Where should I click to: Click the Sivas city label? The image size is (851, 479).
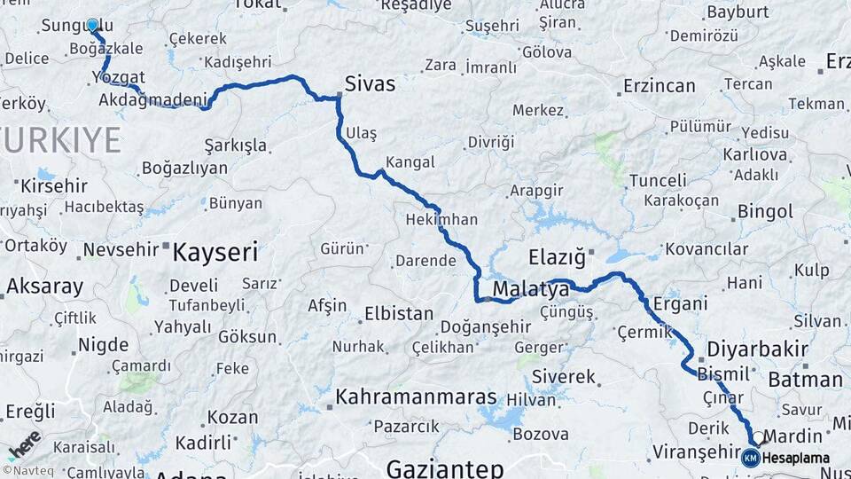(x=371, y=83)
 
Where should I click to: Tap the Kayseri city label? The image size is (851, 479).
(x=215, y=253)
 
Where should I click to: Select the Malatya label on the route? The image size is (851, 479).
(x=530, y=290)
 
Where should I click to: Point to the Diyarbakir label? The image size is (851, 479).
(x=757, y=348)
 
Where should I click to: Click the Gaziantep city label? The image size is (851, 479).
(x=445, y=467)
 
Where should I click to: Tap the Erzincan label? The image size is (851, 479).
(x=659, y=86)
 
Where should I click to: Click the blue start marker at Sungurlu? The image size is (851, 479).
(x=92, y=25)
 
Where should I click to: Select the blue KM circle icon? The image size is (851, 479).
(x=751, y=458)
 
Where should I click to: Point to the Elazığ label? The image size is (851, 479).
(x=557, y=258)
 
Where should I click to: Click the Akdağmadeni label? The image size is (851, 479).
(x=152, y=98)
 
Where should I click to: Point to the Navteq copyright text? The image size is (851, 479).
(x=30, y=471)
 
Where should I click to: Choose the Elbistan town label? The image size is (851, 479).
(x=398, y=314)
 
